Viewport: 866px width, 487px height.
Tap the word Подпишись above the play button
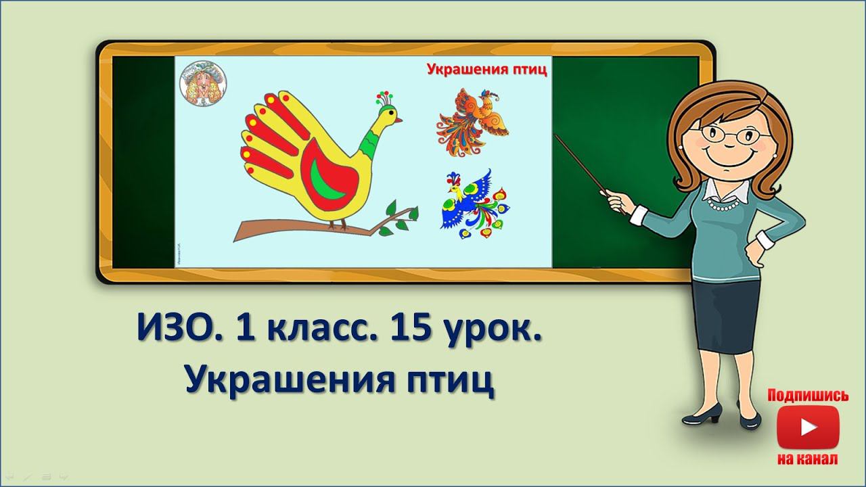808,396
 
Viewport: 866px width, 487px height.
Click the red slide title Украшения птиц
486,68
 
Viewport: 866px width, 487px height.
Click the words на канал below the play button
808,459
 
